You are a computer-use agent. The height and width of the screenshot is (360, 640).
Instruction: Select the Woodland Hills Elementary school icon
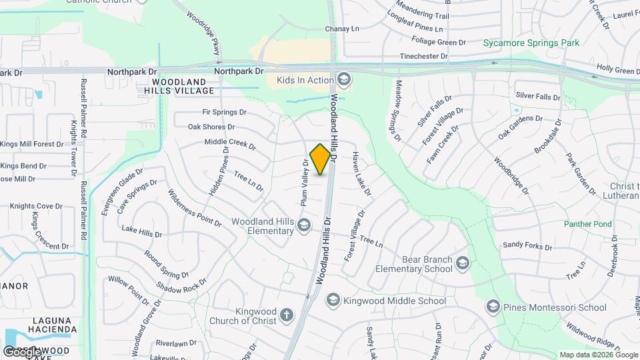tap(304, 225)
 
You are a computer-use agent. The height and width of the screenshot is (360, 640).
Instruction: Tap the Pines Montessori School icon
tap(493, 307)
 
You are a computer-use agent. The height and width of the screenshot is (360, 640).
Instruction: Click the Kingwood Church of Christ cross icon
tap(287, 315)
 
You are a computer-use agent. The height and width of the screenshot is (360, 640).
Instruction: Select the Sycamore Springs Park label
tap(531, 43)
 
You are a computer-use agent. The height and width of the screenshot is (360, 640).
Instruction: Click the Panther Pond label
tap(587, 225)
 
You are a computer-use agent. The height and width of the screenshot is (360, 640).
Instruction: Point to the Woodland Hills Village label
tap(179, 85)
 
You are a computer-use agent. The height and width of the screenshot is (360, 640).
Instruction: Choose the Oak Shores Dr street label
tap(211, 127)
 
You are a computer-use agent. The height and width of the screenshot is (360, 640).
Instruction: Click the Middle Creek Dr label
tap(230, 142)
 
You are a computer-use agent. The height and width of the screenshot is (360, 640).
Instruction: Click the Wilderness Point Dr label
tap(194, 207)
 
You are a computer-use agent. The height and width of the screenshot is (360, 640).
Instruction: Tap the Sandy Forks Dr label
tap(527, 246)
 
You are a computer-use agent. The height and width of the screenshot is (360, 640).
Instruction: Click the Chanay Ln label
tap(342, 29)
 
